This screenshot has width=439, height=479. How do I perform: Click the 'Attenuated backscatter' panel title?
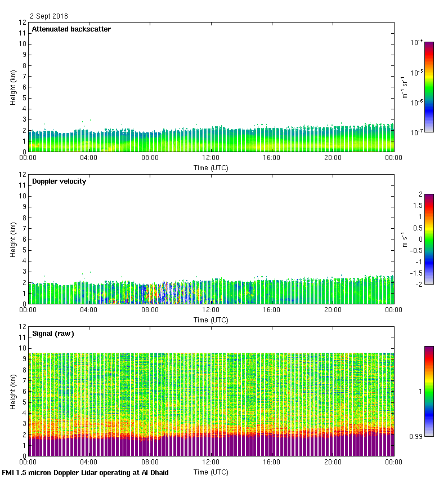(71, 29)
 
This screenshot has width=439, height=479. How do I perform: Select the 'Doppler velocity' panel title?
(59, 181)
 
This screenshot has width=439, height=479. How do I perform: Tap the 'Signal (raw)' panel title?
(53, 334)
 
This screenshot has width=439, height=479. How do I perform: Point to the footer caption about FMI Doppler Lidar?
(86, 472)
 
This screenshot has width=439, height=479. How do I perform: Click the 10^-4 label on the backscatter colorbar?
(417, 43)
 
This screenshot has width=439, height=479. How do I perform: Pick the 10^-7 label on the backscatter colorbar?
(417, 132)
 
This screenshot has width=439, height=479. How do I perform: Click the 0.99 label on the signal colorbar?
(416, 436)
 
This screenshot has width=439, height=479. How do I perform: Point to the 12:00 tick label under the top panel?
(211, 158)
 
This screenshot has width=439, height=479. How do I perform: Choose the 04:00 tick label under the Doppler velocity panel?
(89, 310)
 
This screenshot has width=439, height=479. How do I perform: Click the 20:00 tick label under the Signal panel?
(333, 462)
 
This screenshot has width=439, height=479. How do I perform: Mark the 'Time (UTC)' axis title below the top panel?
(211, 167)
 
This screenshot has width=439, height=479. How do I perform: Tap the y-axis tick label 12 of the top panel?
(23, 23)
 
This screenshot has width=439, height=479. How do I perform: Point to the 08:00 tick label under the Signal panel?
(150, 462)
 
